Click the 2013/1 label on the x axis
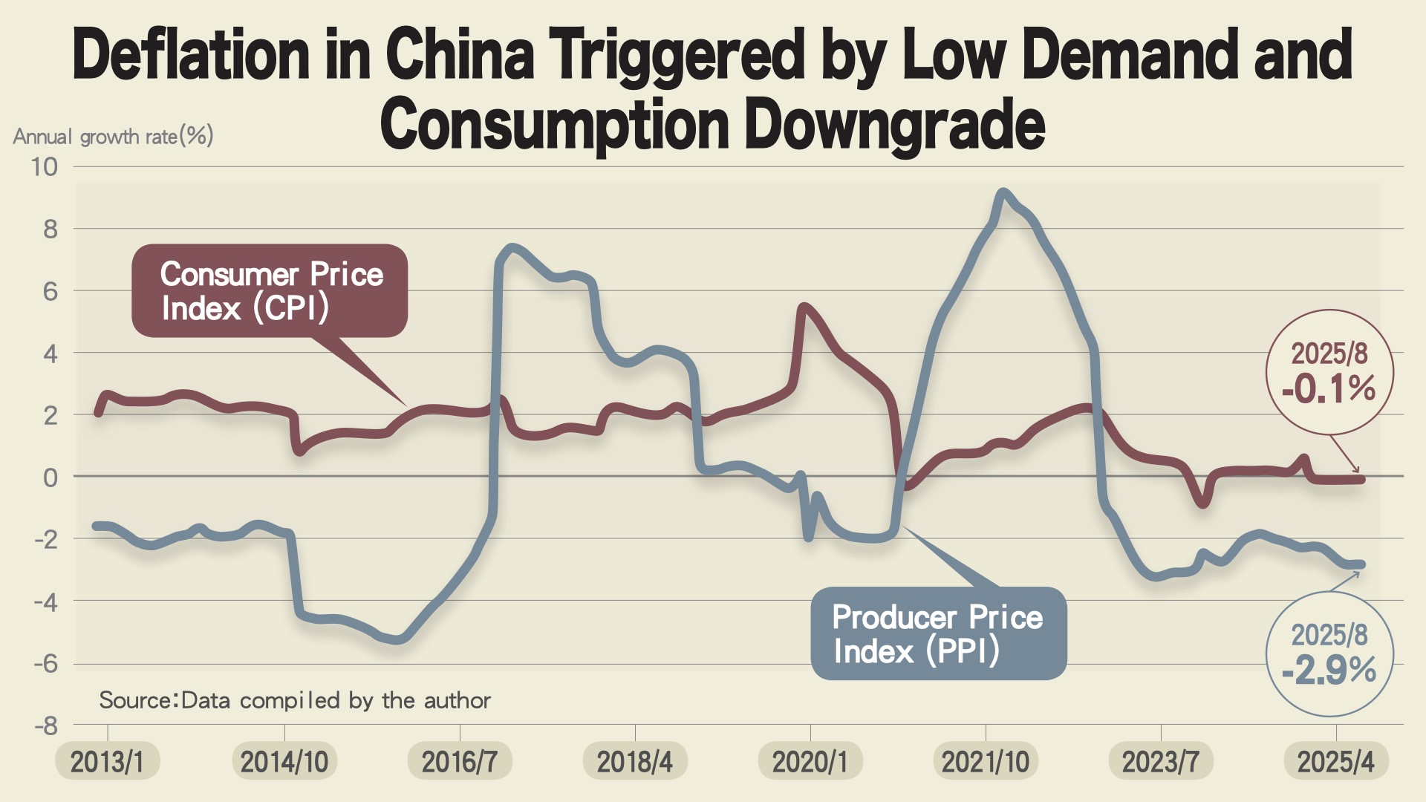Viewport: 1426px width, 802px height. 107,762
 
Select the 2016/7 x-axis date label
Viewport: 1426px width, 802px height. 459,762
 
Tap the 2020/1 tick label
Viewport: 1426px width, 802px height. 810,762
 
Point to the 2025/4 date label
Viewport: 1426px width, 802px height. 1335,762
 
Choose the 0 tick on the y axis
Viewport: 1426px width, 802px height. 50,477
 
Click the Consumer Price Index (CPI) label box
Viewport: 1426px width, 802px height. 270,291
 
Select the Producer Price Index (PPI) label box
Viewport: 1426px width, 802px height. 938,633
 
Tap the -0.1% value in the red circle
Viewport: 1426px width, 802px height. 1329,389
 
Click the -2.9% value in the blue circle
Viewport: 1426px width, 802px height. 1329,671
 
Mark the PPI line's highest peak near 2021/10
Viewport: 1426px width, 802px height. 1003,193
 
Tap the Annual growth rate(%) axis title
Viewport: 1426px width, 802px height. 113,137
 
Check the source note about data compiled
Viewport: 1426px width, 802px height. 295,700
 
